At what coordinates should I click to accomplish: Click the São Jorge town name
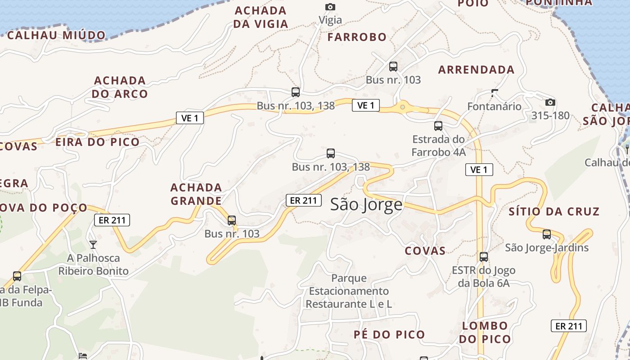[366, 205]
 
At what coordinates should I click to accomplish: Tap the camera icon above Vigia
[330, 7]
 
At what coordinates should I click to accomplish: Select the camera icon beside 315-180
[550, 102]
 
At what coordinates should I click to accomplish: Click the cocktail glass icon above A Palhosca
[93, 245]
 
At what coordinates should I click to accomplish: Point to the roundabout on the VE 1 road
[402, 107]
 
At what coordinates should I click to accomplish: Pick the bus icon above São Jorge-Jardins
[547, 234]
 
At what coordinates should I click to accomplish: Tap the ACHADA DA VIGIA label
[261, 17]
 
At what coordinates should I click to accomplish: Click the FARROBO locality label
[357, 37]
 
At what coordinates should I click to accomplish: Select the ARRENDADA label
[476, 70]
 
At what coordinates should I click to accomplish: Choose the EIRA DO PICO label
[97, 142]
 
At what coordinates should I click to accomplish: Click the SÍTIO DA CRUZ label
[554, 211]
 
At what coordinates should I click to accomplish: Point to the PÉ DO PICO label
[389, 334]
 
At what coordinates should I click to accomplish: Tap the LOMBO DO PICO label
[485, 332]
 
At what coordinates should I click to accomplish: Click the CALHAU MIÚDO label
[56, 35]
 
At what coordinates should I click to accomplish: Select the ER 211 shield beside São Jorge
[304, 200]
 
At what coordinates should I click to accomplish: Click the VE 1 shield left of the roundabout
[365, 105]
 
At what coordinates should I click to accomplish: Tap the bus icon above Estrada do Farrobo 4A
[438, 126]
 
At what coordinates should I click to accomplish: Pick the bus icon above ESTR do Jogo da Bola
[484, 257]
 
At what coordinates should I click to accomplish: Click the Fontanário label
[494, 107]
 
